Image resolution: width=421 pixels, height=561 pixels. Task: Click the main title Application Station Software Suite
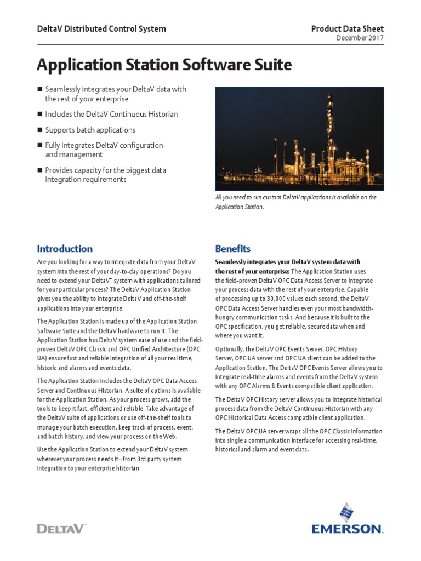tap(164, 65)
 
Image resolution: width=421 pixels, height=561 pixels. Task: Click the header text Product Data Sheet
tap(348, 29)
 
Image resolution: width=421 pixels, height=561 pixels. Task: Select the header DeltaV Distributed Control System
tap(101, 29)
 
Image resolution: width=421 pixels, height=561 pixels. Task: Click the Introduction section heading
tap(64, 249)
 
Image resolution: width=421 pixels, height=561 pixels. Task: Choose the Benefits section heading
tap(232, 249)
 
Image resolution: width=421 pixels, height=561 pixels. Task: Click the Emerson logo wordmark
tap(347, 529)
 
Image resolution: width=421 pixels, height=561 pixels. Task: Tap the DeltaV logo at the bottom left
tap(60, 529)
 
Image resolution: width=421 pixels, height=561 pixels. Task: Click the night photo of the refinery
tap(299, 137)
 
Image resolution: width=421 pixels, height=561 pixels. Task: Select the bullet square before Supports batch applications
tap(39, 130)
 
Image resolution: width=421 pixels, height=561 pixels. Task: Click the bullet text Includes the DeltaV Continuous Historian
tap(111, 114)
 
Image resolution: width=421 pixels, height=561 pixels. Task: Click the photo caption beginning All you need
tap(295, 202)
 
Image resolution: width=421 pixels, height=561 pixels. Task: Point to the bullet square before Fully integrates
tap(39, 146)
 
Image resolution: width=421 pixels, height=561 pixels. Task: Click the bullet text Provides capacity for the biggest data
tap(105, 170)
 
